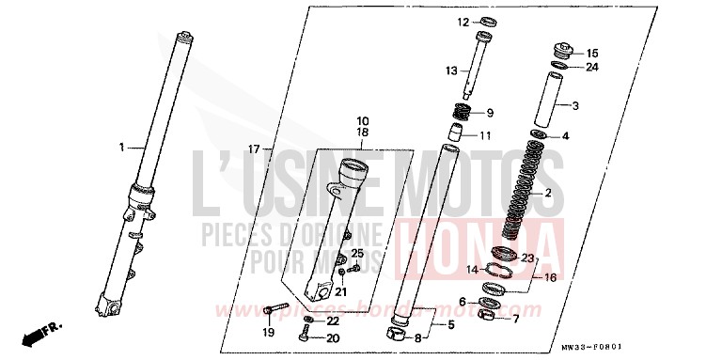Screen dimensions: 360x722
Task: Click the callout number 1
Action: (x=121, y=148)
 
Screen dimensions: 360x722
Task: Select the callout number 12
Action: (x=463, y=21)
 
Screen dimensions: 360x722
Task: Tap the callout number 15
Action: (x=592, y=53)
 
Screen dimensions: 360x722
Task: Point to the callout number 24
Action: (x=592, y=67)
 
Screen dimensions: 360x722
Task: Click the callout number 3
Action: (x=576, y=105)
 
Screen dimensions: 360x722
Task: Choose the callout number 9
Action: (x=490, y=114)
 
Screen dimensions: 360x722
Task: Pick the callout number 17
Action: (x=253, y=149)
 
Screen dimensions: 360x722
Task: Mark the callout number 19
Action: (x=268, y=332)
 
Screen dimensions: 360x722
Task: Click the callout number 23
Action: (x=527, y=258)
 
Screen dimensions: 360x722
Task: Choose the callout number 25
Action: (x=357, y=255)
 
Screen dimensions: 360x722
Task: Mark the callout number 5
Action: (x=450, y=325)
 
